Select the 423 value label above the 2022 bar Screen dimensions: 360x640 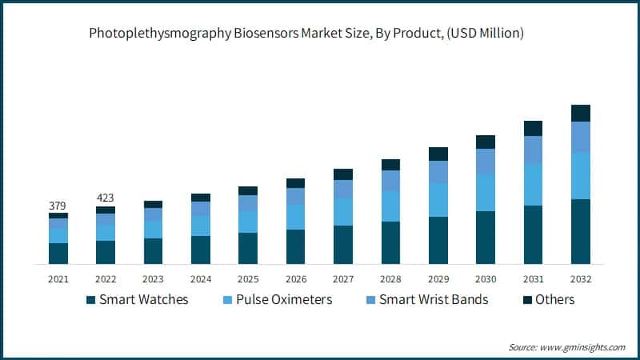(x=106, y=197)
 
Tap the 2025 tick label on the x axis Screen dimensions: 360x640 (x=248, y=279)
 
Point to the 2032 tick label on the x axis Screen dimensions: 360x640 (x=581, y=279)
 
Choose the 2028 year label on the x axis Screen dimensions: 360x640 (x=390, y=279)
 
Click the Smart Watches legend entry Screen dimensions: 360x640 (x=137, y=300)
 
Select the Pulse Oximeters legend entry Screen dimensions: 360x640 (x=276, y=300)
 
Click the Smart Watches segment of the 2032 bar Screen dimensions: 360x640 (x=581, y=231)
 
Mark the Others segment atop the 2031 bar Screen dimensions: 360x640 (x=533, y=128)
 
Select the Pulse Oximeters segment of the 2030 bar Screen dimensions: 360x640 (x=486, y=193)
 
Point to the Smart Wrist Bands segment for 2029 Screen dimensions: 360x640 (x=438, y=172)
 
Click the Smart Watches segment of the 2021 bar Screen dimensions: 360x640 (x=58, y=253)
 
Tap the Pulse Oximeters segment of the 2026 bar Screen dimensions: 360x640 (x=296, y=217)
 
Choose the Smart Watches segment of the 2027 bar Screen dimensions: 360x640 (x=343, y=244)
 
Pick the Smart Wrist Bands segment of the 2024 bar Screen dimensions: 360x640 (x=201, y=208)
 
